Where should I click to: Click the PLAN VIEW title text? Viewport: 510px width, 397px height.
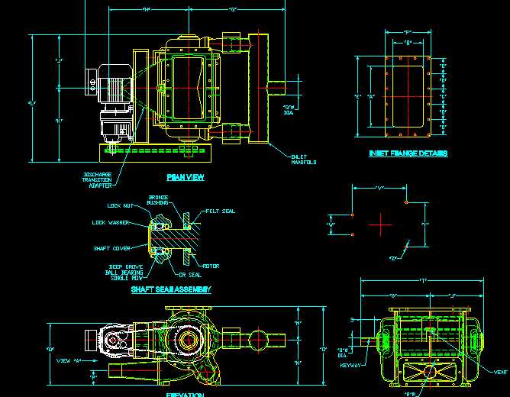tap(185, 177)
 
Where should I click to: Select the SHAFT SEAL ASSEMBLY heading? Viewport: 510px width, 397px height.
tap(170, 289)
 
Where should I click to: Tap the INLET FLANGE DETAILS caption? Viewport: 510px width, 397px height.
tap(408, 153)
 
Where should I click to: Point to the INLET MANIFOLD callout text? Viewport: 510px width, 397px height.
tap(303, 160)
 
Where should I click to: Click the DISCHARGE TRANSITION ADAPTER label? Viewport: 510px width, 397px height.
tap(97, 179)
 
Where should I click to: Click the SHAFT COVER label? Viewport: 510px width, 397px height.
tap(111, 247)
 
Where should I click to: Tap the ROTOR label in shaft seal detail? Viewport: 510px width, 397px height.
tap(211, 266)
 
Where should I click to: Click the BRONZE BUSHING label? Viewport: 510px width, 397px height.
tap(158, 199)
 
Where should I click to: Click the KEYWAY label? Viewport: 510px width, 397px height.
tap(350, 364)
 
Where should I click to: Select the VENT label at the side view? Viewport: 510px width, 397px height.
tap(500, 372)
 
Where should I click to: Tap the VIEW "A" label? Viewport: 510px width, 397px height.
tap(69, 361)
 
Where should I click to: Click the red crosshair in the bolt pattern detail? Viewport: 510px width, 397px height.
tap(379, 224)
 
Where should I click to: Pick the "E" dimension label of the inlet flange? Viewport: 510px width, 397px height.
tap(357, 97)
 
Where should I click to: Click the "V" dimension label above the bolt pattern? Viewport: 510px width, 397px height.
tap(379, 188)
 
